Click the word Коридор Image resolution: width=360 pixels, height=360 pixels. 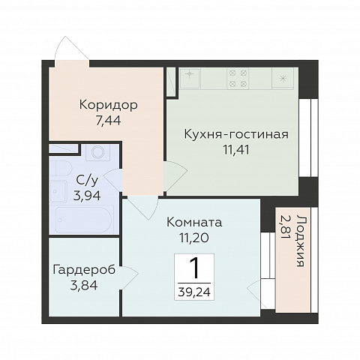(106, 104)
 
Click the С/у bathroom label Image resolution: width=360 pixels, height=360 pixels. (84, 180)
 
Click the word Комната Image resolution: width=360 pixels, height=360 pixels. (193, 223)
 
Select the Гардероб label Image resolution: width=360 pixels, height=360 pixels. (84, 269)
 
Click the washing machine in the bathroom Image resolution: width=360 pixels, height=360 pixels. (97, 154)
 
